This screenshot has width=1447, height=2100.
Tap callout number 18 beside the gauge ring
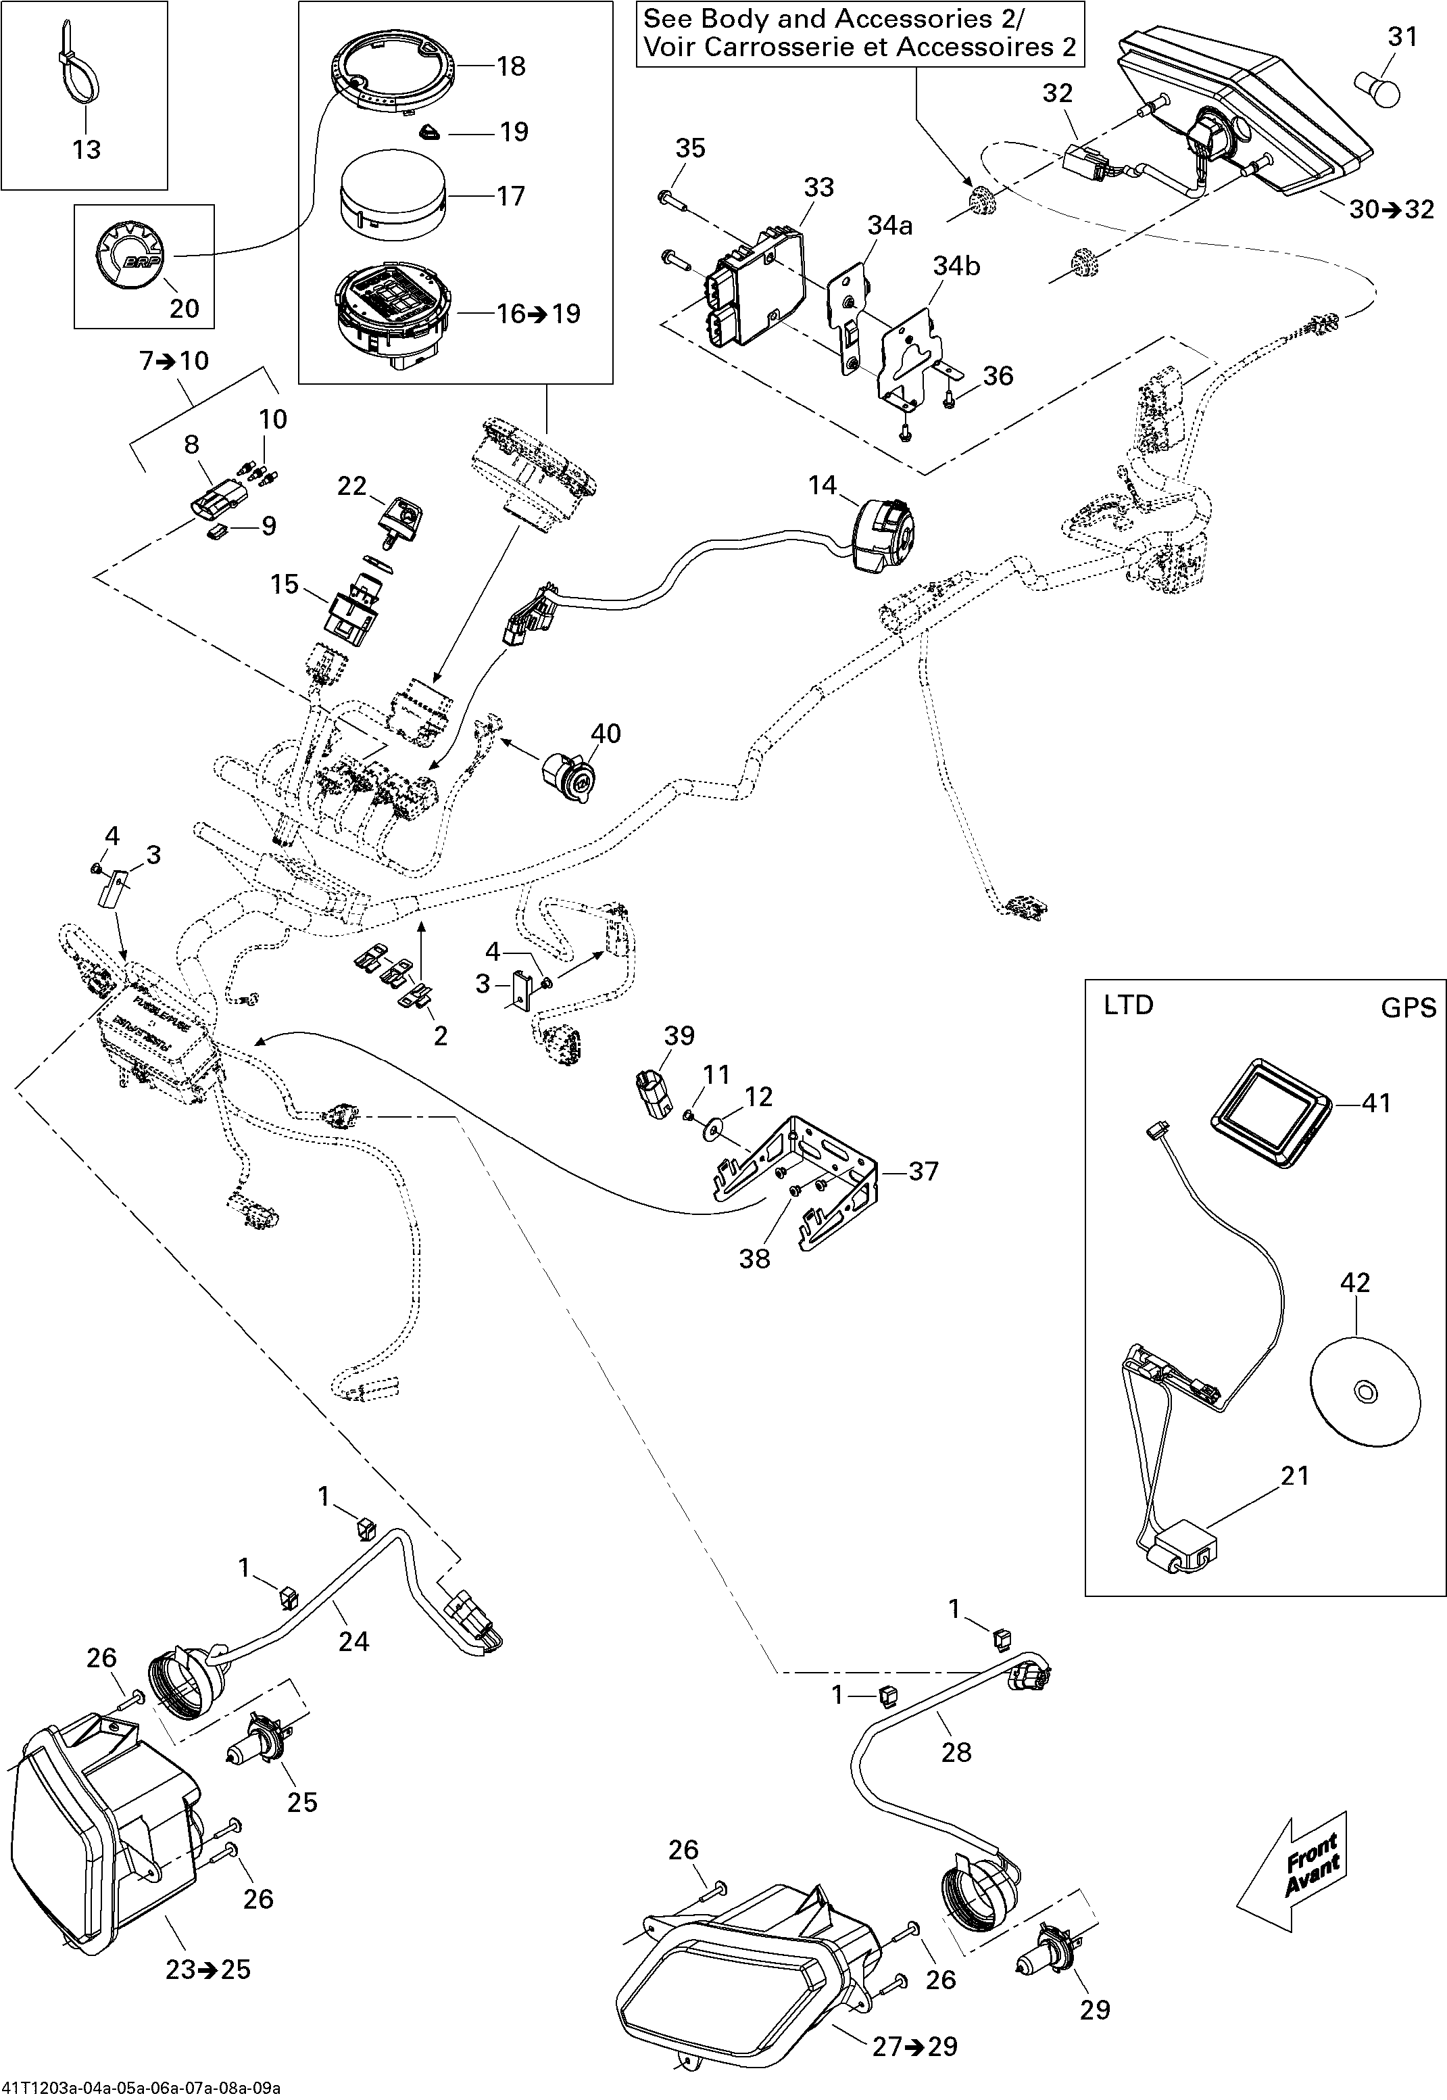click(x=512, y=66)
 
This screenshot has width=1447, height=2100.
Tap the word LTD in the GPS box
click(x=1128, y=1005)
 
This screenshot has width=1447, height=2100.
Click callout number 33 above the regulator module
click(x=818, y=188)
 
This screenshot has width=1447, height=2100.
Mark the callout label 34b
click(x=956, y=266)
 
